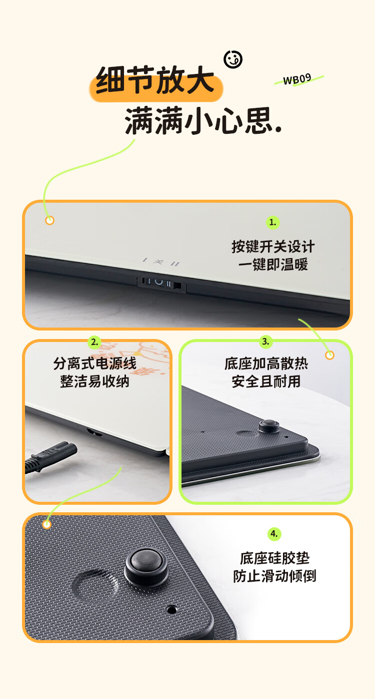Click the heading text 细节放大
[155, 80]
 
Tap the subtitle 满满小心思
[203, 121]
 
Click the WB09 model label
[297, 79]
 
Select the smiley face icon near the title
[233, 59]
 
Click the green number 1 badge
[273, 223]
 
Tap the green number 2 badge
[94, 343]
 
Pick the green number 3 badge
[265, 342]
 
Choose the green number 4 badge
[274, 534]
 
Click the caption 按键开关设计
[273, 247]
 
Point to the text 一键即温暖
[273, 265]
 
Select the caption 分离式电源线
[94, 363]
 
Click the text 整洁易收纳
[94, 381]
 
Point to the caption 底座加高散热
[266, 363]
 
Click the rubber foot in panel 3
[269, 426]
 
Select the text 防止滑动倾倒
[274, 576]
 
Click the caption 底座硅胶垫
[274, 558]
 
